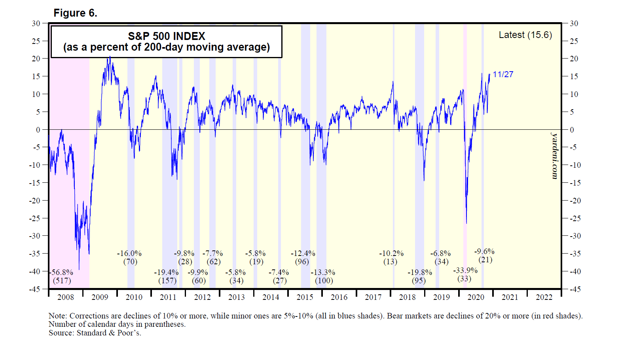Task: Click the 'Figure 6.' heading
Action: pos(75,13)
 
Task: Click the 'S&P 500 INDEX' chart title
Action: pos(167,36)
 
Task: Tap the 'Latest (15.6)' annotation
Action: pos(525,35)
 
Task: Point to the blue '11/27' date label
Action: pos(503,74)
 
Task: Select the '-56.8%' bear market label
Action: pos(62,273)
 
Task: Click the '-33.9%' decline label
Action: pos(465,271)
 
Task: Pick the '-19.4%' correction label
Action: pos(166,273)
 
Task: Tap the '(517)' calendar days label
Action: pos(62,281)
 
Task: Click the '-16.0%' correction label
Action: pos(129,254)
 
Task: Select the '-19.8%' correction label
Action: pos(420,273)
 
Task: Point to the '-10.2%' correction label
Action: pos(391,254)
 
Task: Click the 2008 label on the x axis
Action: pos(66,297)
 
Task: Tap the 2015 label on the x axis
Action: pos(305,297)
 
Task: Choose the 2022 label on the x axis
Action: pos(544,297)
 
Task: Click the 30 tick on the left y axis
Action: pos(36,23)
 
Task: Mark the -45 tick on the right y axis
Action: pos(574,289)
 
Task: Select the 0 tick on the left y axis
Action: pos(38,130)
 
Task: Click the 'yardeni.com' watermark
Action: pos(555,156)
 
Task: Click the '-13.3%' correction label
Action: pos(323,273)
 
